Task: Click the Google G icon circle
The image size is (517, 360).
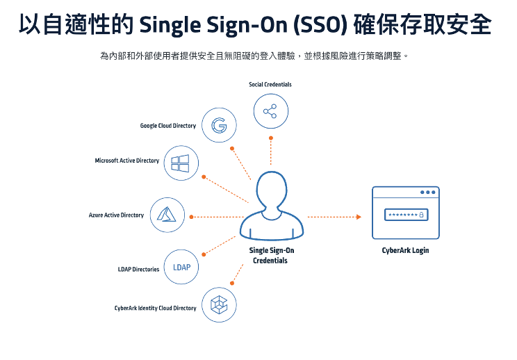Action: tap(219, 126)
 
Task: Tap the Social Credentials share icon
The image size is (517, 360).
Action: tap(270, 111)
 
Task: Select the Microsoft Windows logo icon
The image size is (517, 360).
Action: tap(181, 163)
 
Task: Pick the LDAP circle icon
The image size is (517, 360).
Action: tap(181, 268)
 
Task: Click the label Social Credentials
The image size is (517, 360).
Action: tap(270, 85)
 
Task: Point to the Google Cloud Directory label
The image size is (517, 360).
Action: tap(168, 126)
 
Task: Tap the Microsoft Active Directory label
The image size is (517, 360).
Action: tap(127, 161)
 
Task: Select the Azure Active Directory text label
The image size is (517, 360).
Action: tap(116, 215)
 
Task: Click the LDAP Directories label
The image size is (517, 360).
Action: tap(138, 269)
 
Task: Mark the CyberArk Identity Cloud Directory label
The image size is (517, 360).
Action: tap(156, 308)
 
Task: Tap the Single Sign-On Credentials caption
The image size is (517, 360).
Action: tap(270, 255)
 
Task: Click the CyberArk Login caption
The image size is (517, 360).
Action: tap(405, 250)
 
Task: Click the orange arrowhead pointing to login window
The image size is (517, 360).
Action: tap(359, 217)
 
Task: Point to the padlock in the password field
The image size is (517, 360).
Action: tap(421, 215)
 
